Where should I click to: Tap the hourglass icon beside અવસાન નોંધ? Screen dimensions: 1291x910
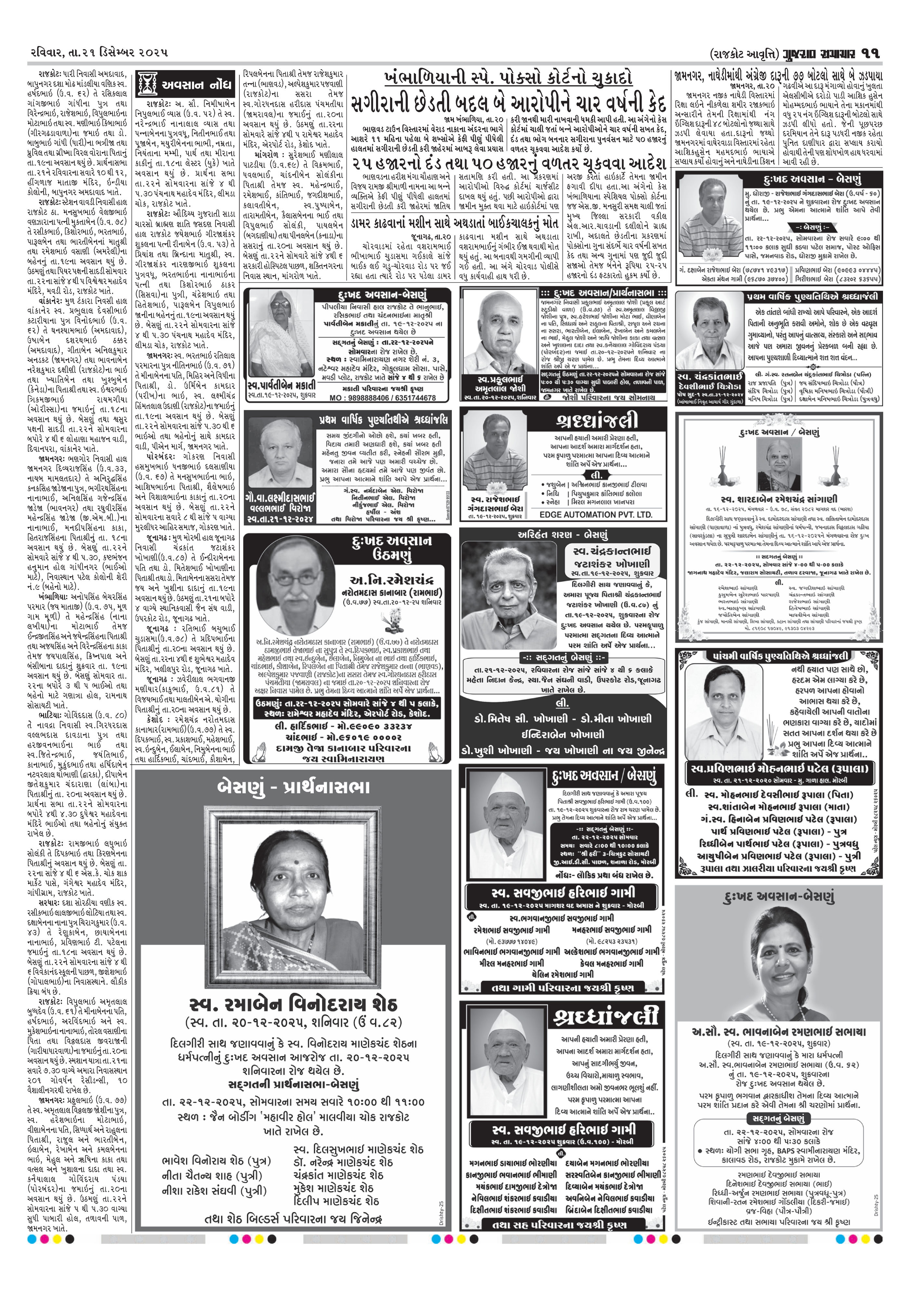coord(148,84)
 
